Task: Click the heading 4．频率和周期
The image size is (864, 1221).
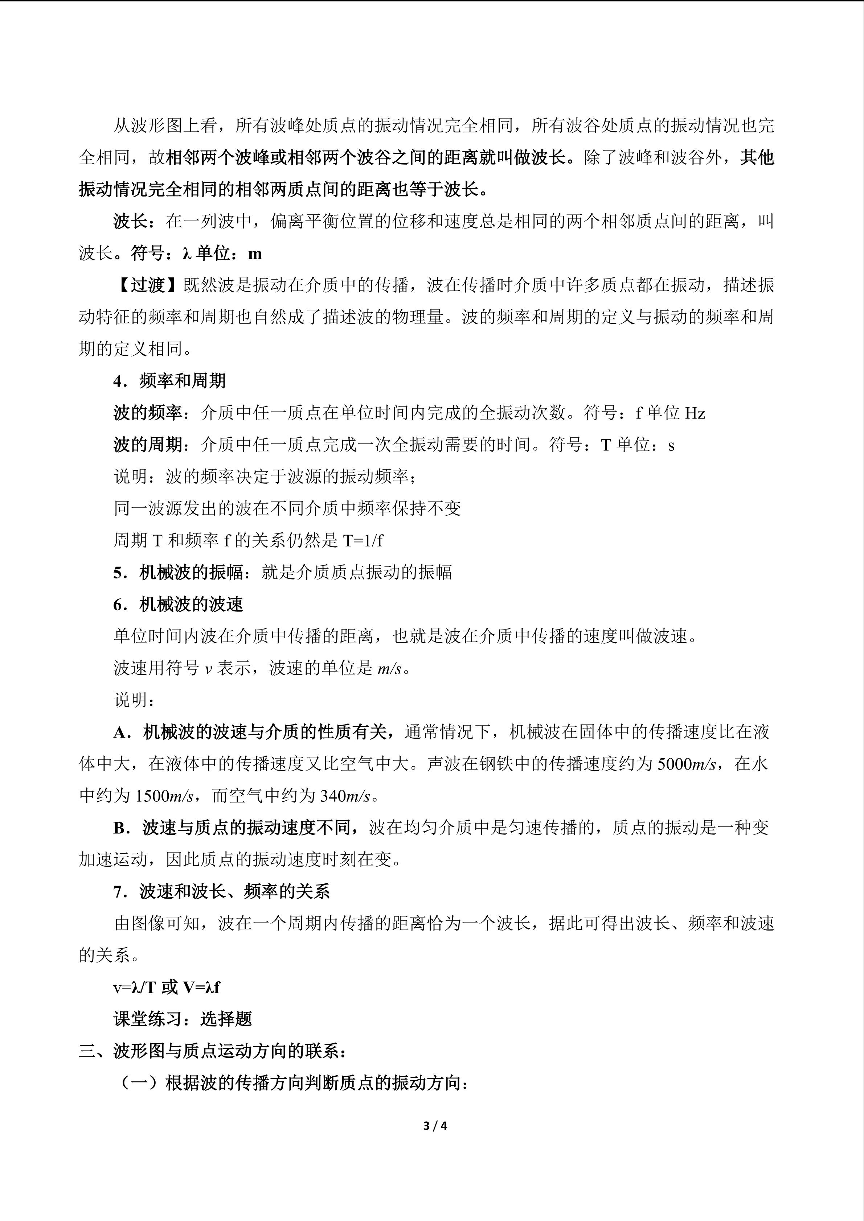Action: pyautogui.click(x=169, y=381)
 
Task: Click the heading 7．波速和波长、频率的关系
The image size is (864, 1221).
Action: pyautogui.click(x=221, y=892)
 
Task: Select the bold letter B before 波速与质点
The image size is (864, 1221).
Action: pyautogui.click(x=119, y=828)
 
